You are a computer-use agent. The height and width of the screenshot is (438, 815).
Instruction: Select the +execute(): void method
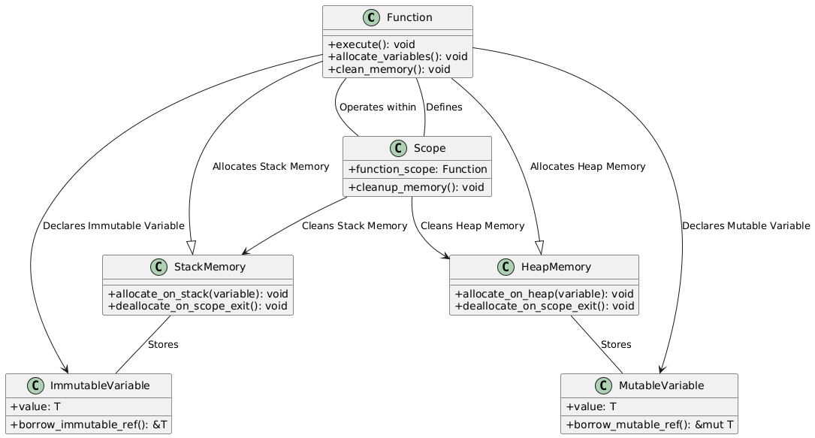click(x=371, y=44)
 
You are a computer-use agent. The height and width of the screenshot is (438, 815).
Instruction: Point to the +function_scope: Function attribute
click(x=417, y=169)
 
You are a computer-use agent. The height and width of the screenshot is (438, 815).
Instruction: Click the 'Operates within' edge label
click(x=377, y=107)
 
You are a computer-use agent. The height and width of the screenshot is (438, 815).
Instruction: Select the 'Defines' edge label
click(x=444, y=107)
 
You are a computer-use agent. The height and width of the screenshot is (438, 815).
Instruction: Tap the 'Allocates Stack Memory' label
click(x=270, y=166)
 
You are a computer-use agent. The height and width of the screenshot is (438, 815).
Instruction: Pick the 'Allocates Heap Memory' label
click(x=587, y=166)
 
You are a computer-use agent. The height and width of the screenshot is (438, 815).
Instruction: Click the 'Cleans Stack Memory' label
click(x=355, y=225)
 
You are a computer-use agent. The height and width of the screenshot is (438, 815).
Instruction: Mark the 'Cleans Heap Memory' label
click(x=472, y=225)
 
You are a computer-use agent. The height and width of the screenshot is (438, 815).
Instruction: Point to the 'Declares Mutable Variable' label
click(x=746, y=225)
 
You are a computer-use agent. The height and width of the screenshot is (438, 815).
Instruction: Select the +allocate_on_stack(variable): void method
click(x=198, y=293)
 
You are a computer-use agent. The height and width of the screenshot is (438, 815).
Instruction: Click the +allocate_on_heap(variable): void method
click(x=545, y=293)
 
